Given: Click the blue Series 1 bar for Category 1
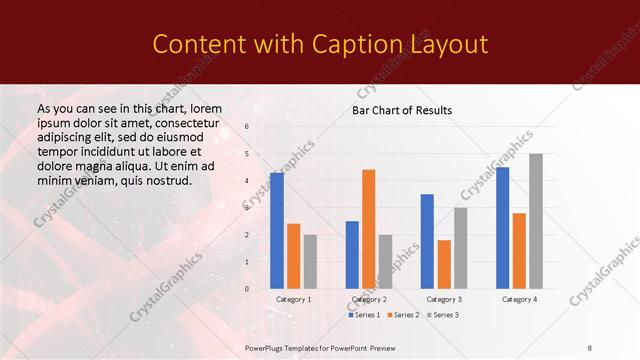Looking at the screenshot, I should [x=277, y=231].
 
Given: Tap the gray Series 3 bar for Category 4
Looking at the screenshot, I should [x=536, y=221].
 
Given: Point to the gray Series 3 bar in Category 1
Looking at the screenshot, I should [x=310, y=262].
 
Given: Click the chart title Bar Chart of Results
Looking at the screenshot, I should [x=402, y=110].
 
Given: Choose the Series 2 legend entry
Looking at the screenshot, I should [x=403, y=315].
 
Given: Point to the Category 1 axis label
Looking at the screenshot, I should [x=293, y=299].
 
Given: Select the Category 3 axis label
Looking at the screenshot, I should [x=444, y=299].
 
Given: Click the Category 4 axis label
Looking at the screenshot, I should [x=519, y=299].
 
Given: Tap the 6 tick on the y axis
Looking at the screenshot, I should [x=247, y=127].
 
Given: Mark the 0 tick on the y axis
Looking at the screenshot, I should [x=247, y=289].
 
